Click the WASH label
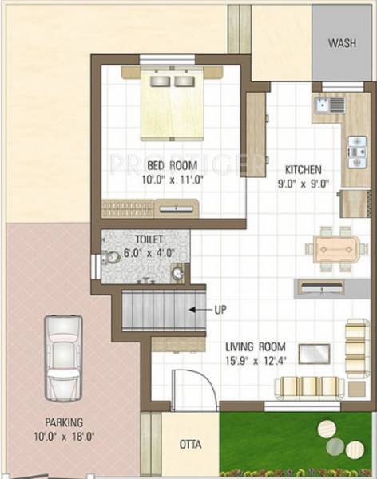pyautogui.click(x=343, y=42)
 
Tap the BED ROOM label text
pyautogui.click(x=172, y=166)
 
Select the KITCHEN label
pyautogui.click(x=304, y=170)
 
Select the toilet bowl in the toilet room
pyautogui.click(x=112, y=257)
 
